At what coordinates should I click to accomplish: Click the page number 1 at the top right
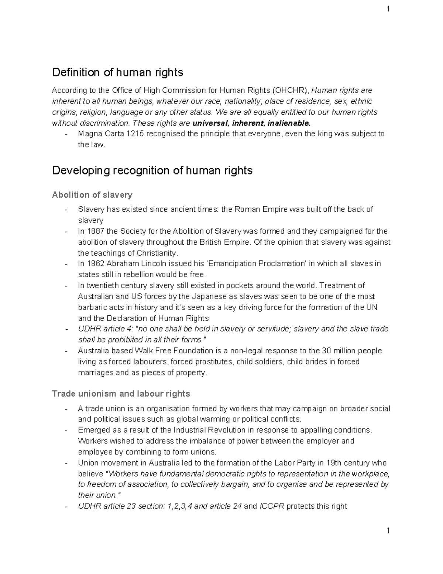click(388, 9)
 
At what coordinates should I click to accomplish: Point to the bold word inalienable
click(287, 123)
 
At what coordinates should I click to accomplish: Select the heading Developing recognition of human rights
click(152, 171)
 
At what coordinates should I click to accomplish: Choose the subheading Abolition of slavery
click(92, 195)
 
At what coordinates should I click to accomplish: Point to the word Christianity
click(157, 253)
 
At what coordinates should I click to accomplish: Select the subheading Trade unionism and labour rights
click(121, 394)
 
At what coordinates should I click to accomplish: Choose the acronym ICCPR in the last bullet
click(271, 506)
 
